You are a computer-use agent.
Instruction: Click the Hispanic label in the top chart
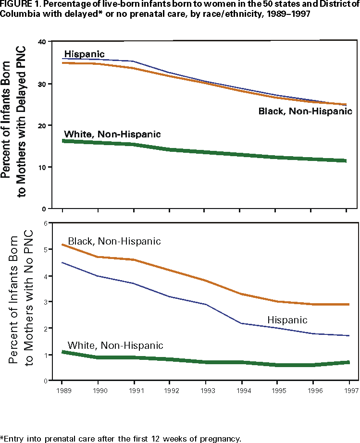(x=84, y=54)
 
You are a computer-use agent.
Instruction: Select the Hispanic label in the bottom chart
(x=287, y=320)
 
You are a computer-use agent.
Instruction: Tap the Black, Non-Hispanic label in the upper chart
(x=305, y=111)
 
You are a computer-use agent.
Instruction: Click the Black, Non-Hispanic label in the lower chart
(x=114, y=241)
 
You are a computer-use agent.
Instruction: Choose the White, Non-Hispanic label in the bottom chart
(x=115, y=345)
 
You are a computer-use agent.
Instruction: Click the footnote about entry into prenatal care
(x=120, y=438)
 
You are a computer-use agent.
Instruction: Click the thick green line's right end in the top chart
(x=345, y=160)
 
